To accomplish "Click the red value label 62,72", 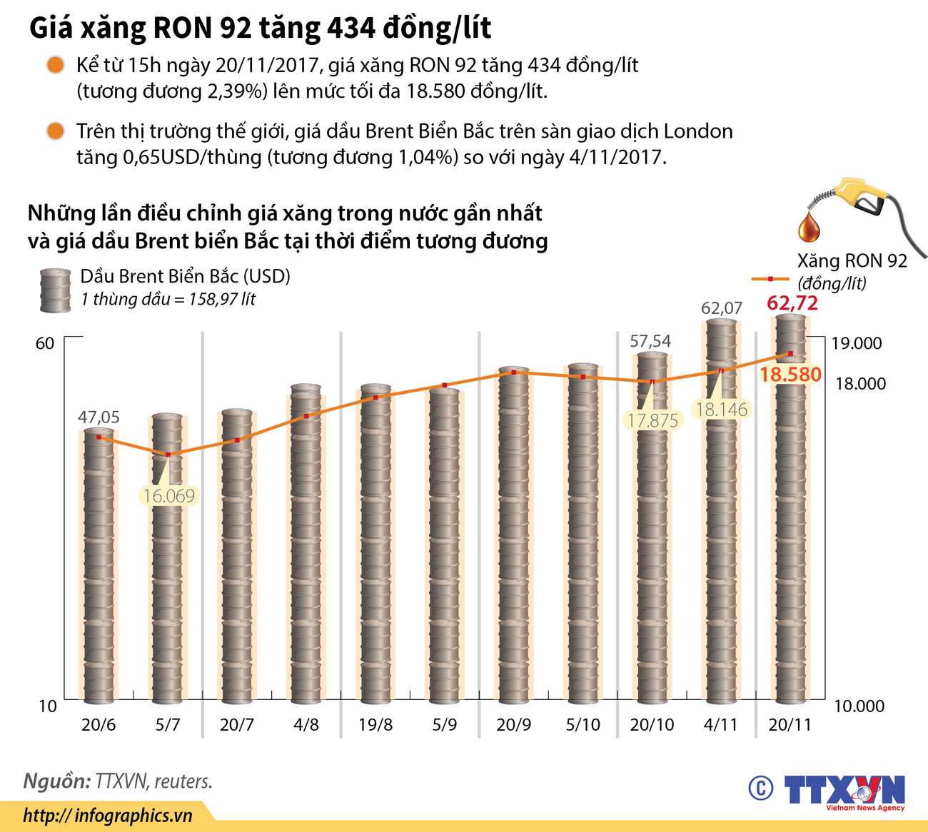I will pyautogui.click(x=792, y=303).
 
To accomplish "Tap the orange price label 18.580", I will pyautogui.click(x=790, y=374).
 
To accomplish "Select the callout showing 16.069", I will pyautogui.click(x=168, y=496).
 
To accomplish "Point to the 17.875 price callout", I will pyautogui.click(x=652, y=420).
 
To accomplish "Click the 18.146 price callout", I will pyautogui.click(x=721, y=410).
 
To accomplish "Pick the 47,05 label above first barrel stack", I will pyautogui.click(x=99, y=417).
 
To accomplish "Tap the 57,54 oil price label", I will pyautogui.click(x=650, y=341).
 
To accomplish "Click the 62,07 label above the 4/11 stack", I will pyautogui.click(x=721, y=308).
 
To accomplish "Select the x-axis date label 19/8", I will pyautogui.click(x=375, y=725).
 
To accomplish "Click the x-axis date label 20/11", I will pyautogui.click(x=790, y=725).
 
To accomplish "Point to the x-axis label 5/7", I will pyautogui.click(x=168, y=725).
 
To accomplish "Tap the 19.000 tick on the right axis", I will pyautogui.click(x=856, y=343).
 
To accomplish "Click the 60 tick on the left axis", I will pyautogui.click(x=45, y=343).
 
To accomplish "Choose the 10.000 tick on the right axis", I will pyautogui.click(x=859, y=706).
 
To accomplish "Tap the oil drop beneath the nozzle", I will pyautogui.click(x=809, y=225).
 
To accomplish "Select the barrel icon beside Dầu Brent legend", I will pyautogui.click(x=55, y=290).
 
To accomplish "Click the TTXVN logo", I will pyautogui.click(x=844, y=791).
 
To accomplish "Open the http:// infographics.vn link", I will pyautogui.click(x=108, y=816).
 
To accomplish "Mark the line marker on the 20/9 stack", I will pyautogui.click(x=514, y=372).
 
